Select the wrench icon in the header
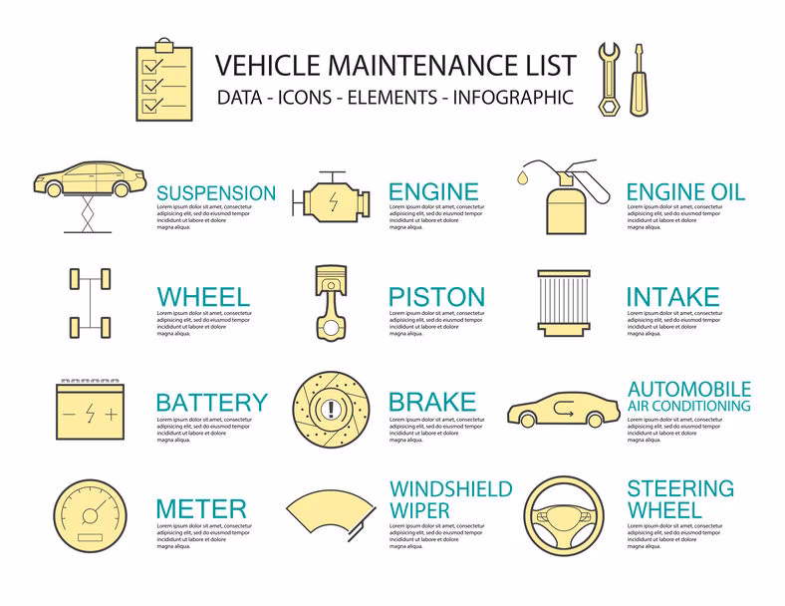tap(607, 80)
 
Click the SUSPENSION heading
tap(216, 192)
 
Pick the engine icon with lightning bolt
tap(328, 197)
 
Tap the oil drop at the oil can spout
tap(522, 178)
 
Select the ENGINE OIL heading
tap(685, 192)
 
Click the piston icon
tap(331, 302)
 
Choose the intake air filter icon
tap(563, 303)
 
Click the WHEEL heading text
tap(203, 297)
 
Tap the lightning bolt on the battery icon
tap(91, 413)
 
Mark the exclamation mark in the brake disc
tap(330, 408)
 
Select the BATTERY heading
tap(211, 403)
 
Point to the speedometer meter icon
tap(91, 514)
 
